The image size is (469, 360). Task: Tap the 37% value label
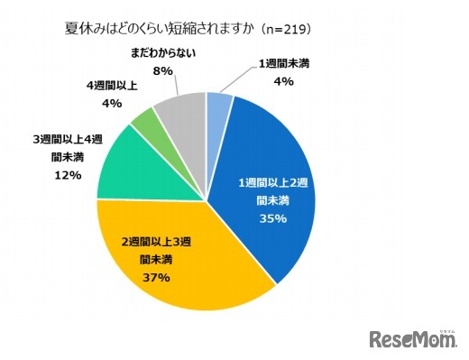tap(155, 277)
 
